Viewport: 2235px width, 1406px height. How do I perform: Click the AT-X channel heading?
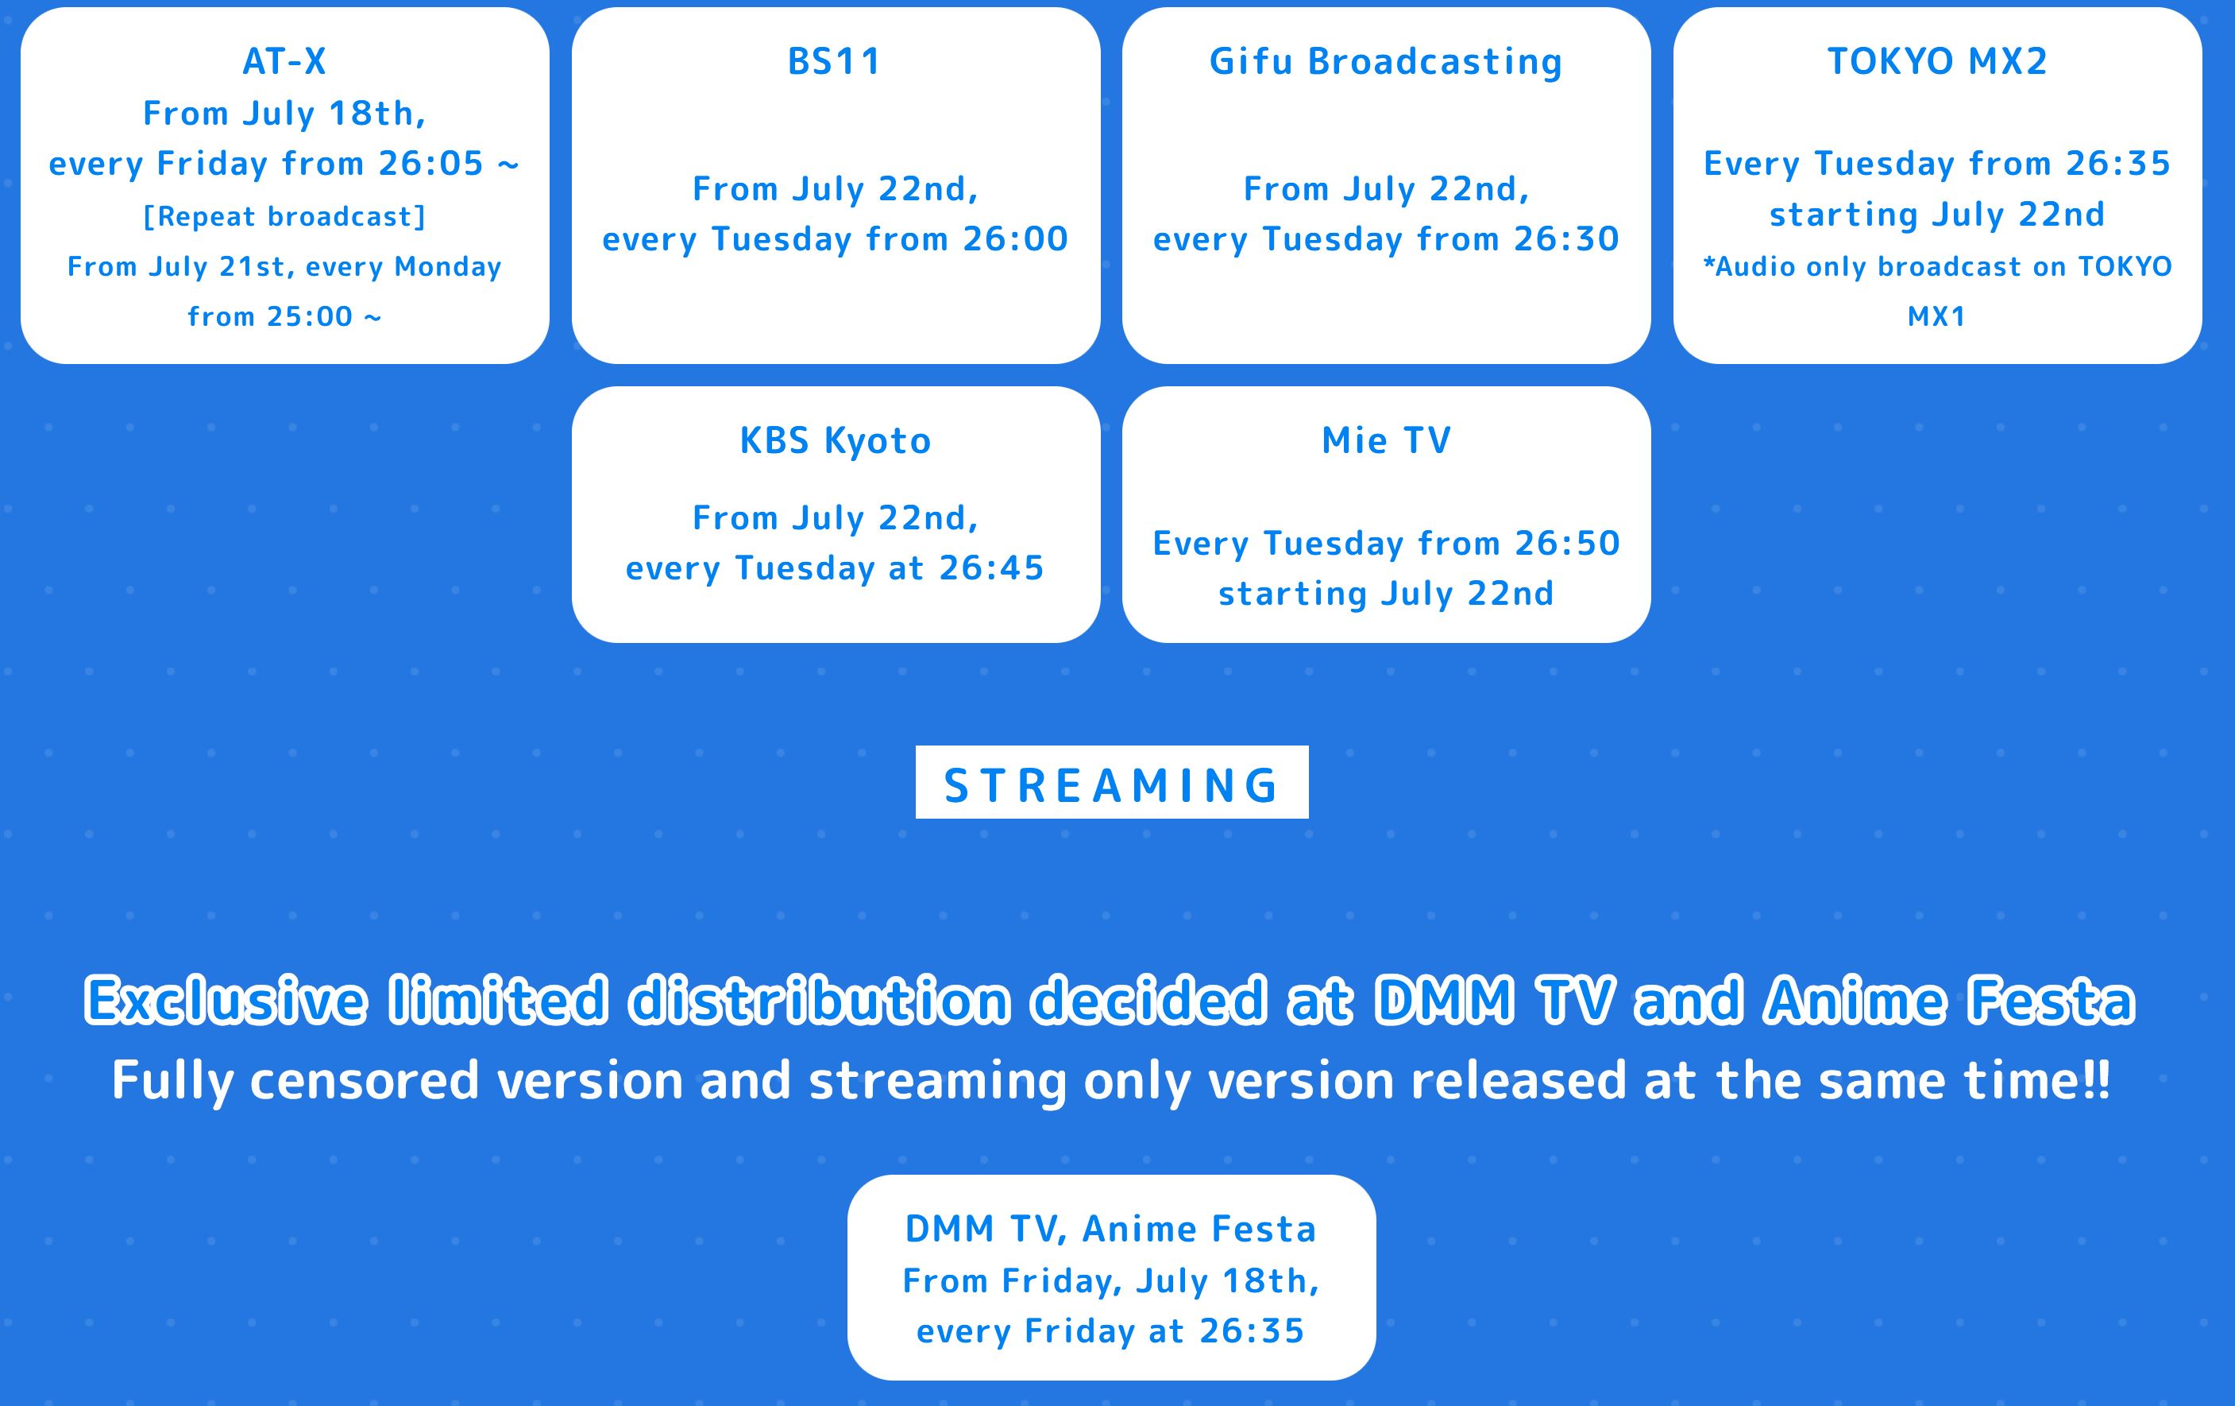pos(284,61)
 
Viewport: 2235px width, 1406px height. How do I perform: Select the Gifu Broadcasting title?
pos(1386,61)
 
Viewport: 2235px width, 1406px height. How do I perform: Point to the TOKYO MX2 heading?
pos(1937,61)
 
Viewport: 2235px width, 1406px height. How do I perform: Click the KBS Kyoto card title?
pos(836,440)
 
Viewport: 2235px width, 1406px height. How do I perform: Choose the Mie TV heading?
pos(1386,440)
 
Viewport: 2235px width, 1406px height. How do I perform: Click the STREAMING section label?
pos(1112,784)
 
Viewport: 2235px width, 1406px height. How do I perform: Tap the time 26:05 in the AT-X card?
pos(430,164)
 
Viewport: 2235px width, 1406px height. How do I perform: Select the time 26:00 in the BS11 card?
pos(1015,239)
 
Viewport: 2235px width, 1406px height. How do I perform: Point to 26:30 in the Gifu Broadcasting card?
pos(1567,239)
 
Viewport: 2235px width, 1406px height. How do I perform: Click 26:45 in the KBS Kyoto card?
pos(991,568)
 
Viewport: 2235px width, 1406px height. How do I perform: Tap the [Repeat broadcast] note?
pos(284,216)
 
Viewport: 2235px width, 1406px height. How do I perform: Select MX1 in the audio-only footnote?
pos(1937,316)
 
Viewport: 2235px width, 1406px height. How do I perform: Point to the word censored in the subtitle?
pos(364,1080)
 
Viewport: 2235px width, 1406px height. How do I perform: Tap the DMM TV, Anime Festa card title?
pos(1111,1230)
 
